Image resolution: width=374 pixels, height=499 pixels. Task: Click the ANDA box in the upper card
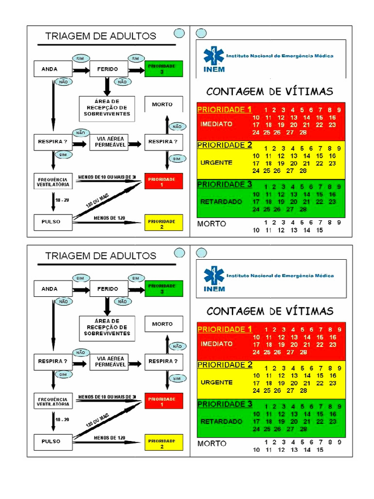click(49, 69)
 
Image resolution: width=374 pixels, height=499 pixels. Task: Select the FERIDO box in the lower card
click(108, 289)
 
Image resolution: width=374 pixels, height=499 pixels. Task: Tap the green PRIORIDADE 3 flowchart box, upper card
click(164, 69)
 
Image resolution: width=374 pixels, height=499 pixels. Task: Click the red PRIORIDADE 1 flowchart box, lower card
click(164, 401)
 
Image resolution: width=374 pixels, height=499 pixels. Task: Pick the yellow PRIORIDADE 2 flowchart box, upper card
click(164, 223)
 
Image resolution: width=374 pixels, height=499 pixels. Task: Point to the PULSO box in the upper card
click(51, 222)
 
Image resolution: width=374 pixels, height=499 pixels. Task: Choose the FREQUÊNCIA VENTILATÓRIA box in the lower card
click(53, 401)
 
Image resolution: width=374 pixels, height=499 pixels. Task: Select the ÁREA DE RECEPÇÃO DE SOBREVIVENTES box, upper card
click(107, 108)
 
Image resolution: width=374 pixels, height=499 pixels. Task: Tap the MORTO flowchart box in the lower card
click(163, 324)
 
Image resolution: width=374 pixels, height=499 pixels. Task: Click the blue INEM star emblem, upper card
click(213, 56)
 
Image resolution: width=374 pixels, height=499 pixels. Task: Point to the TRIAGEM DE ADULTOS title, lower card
click(101, 256)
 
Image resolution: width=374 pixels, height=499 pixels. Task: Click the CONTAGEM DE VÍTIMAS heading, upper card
click(270, 91)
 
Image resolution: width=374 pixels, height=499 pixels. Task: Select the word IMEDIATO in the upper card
click(216, 124)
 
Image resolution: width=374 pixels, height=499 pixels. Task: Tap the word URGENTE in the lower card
click(216, 383)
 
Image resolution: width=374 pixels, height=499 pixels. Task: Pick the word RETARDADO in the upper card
click(221, 201)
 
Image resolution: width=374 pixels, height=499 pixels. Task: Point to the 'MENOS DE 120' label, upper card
click(109, 218)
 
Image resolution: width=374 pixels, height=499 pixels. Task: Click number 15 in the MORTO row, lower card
click(319, 450)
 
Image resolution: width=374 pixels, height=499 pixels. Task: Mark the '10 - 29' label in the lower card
click(62, 420)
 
